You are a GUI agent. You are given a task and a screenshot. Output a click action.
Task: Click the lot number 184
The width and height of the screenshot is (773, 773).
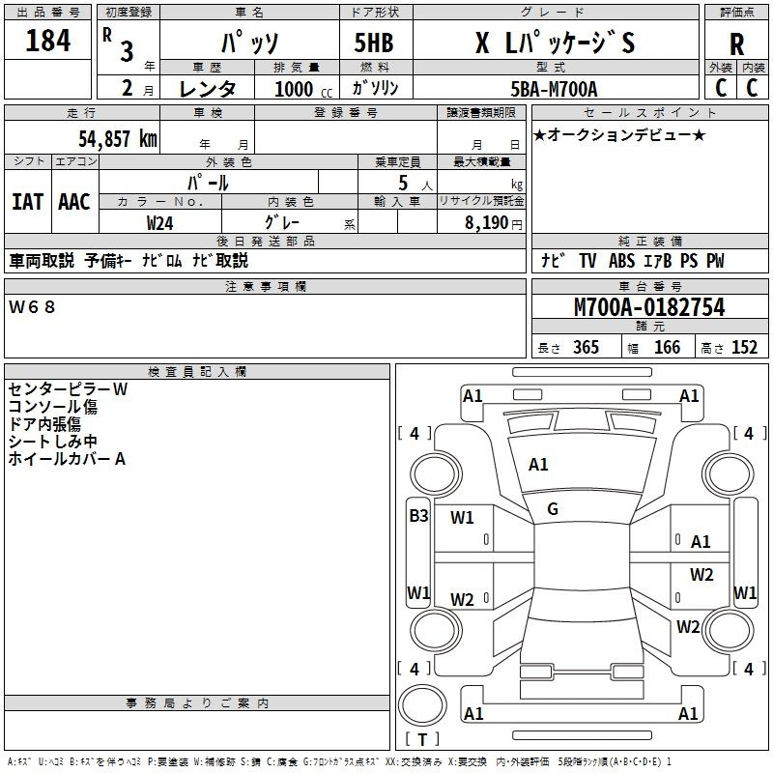click(x=47, y=41)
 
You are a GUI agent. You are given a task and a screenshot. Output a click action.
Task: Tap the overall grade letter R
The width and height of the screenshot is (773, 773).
click(x=736, y=44)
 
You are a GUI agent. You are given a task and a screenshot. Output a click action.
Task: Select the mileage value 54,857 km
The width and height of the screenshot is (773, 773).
click(x=118, y=138)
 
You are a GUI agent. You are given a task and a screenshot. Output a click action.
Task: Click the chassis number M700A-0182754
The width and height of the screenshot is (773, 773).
click(x=649, y=307)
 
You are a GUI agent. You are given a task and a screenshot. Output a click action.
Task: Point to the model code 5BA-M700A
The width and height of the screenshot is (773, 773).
click(x=554, y=89)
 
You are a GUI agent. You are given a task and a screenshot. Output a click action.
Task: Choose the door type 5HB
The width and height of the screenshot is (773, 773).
click(x=374, y=43)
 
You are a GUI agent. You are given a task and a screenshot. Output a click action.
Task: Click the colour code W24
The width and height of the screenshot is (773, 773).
click(x=159, y=223)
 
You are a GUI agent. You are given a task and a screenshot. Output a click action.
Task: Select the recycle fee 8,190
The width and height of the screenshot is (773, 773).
click(x=486, y=222)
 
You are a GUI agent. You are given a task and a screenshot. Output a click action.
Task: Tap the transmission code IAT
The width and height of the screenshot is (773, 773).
click(x=27, y=202)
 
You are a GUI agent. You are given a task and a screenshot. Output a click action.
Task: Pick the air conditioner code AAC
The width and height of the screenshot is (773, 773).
click(x=74, y=202)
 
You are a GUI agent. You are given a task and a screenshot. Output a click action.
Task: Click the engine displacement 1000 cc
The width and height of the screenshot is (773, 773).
click(x=303, y=89)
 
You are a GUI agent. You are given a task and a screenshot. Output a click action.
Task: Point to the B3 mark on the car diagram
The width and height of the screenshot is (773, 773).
click(x=418, y=516)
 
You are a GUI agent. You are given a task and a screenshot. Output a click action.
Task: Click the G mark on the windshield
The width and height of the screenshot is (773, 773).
click(x=553, y=509)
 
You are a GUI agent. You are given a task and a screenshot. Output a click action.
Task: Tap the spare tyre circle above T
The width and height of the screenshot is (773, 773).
click(x=422, y=704)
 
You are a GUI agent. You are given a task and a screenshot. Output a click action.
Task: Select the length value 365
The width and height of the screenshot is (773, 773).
click(x=586, y=347)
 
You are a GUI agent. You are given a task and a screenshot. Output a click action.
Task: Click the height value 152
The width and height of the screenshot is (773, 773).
click(x=744, y=347)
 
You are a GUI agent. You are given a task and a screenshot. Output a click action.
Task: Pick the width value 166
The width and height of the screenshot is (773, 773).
click(x=667, y=347)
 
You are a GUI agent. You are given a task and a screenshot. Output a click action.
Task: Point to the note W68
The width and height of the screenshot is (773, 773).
click(x=32, y=307)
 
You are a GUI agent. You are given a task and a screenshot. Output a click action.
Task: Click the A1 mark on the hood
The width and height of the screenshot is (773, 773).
click(x=538, y=465)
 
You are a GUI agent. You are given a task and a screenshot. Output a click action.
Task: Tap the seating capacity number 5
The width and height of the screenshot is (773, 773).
click(x=403, y=183)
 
